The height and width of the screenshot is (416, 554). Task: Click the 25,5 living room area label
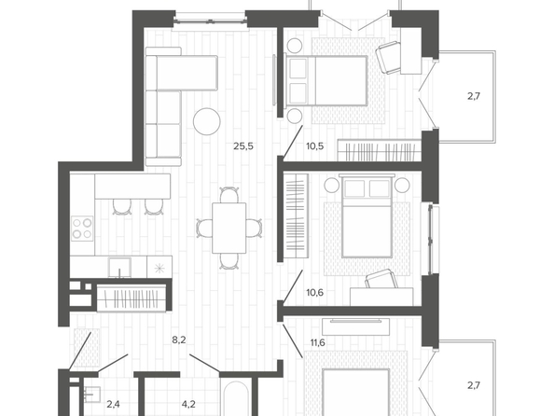click(243, 146)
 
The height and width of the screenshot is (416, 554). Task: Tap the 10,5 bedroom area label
click(315, 146)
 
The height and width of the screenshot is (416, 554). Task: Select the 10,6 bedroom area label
click(315, 293)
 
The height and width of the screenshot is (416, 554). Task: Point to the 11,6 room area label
click(318, 342)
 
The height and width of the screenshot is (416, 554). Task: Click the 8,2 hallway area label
click(179, 340)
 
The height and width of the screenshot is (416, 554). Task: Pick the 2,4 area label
click(113, 404)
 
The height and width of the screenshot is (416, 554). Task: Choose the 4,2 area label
click(188, 404)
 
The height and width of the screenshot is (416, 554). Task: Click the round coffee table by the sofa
click(207, 121)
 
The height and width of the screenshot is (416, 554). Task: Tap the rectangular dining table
click(229, 228)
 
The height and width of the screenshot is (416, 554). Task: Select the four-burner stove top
click(82, 229)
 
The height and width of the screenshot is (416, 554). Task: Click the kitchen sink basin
click(119, 268)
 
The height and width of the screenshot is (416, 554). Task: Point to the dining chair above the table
click(229, 195)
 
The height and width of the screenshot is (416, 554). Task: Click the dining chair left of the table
click(204, 228)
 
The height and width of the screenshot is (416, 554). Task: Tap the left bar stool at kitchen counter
click(122, 207)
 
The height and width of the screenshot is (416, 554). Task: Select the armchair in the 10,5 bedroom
click(389, 58)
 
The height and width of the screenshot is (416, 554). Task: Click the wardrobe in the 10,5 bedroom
click(379, 150)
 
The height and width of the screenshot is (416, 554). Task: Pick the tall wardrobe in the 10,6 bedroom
click(296, 216)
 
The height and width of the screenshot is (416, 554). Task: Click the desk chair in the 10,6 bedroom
click(381, 279)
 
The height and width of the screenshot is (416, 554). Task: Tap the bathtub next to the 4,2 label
click(236, 398)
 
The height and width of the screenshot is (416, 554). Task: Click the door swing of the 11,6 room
click(292, 340)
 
